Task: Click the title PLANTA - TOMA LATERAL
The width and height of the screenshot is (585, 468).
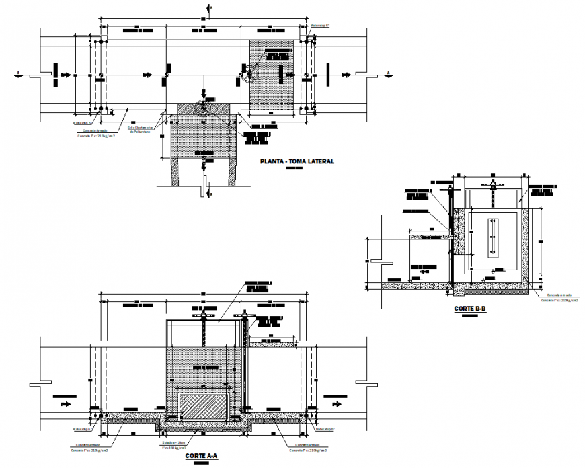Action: (x=297, y=161)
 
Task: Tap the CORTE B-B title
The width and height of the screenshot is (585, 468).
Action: (x=469, y=309)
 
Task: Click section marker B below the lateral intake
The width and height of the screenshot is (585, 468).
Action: (x=209, y=194)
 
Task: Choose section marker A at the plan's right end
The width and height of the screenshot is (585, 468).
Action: (x=389, y=73)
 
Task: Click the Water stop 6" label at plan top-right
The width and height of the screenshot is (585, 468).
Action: (x=319, y=26)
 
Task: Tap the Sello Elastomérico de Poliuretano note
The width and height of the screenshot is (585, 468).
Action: (x=141, y=130)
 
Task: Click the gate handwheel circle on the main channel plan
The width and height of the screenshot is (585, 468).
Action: (x=249, y=74)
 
